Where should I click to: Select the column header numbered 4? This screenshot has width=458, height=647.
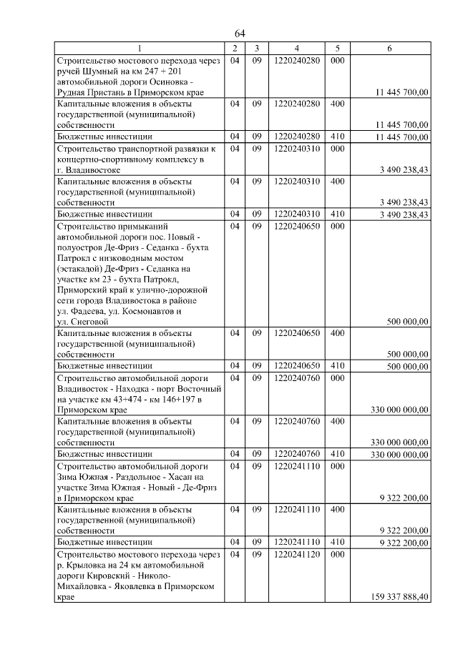pos(296,48)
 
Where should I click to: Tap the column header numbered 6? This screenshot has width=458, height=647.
pos(389,48)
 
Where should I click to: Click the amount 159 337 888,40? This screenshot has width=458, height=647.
pos(400,597)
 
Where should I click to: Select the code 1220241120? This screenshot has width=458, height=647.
pos(296,555)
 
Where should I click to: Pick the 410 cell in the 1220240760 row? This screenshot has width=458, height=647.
pos(336,454)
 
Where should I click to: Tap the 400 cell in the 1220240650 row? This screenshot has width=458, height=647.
pos(336,333)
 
